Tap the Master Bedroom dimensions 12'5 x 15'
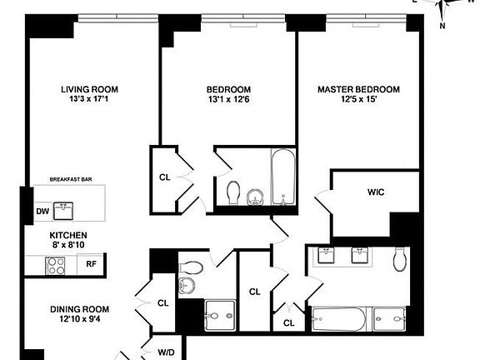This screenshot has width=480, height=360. (x=358, y=100)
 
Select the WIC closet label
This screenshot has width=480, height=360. (x=375, y=192)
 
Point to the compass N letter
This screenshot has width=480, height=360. (x=442, y=25)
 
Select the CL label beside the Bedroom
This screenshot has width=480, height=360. (x=164, y=177)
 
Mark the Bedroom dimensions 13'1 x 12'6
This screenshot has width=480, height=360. (x=230, y=100)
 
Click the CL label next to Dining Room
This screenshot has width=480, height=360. (x=162, y=303)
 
